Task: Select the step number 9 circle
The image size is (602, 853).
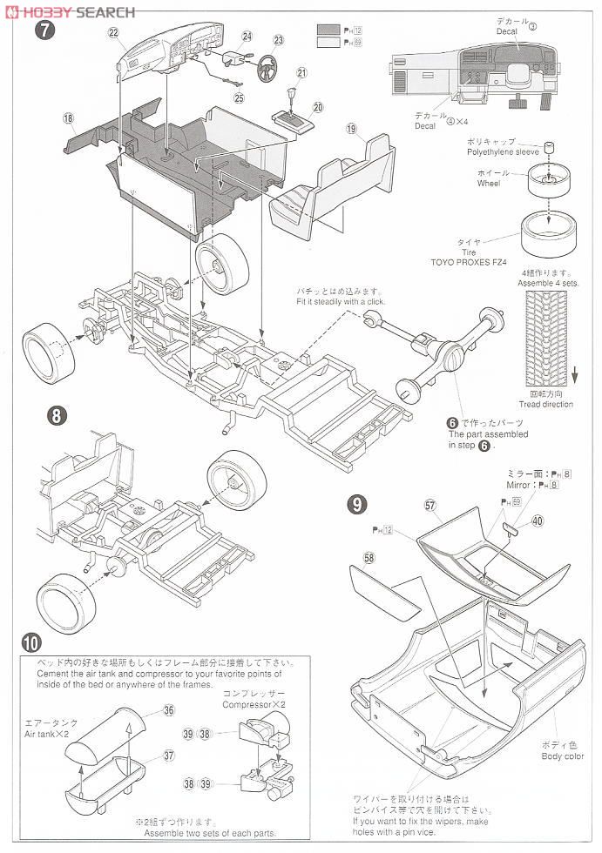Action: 356,503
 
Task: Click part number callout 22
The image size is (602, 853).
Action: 113,33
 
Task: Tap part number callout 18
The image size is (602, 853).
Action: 68,118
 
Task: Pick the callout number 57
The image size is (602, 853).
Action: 429,504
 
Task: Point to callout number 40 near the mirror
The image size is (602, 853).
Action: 537,521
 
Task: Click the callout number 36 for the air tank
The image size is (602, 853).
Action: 168,710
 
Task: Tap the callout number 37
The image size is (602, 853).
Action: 168,755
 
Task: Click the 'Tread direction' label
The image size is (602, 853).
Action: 546,404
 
